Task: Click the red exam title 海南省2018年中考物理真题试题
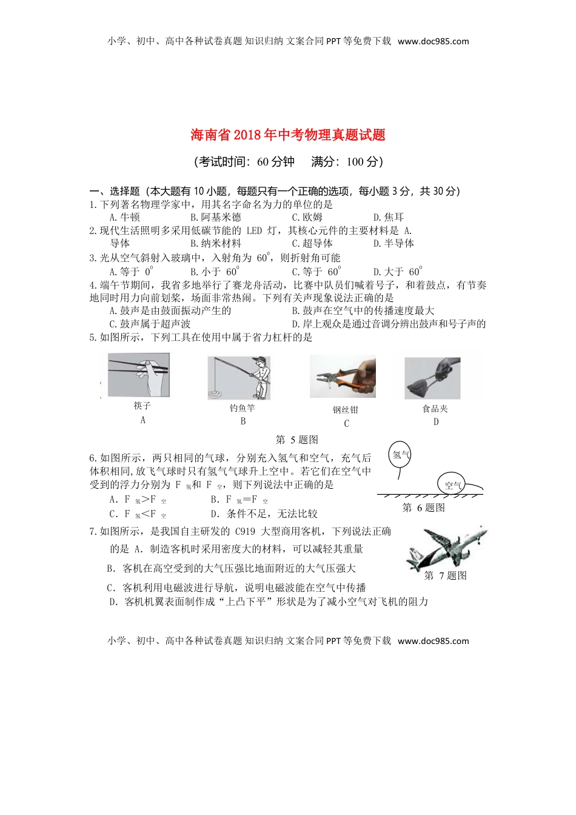[x=288, y=135]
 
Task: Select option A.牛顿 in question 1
[x=124, y=217]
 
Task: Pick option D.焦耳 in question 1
[x=389, y=217]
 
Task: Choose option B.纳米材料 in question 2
[x=215, y=243]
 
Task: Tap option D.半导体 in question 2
[x=393, y=243]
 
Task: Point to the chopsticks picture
[x=138, y=375]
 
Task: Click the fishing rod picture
[x=239, y=378]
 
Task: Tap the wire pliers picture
[x=343, y=377]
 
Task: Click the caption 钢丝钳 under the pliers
[x=346, y=410]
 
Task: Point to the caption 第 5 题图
[x=296, y=440]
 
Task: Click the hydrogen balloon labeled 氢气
[x=401, y=455]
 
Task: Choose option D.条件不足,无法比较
[x=264, y=514]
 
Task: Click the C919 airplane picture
[x=446, y=546]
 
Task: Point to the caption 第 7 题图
[x=445, y=575]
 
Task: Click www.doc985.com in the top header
[x=433, y=41]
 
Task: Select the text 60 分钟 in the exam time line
[x=276, y=162]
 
